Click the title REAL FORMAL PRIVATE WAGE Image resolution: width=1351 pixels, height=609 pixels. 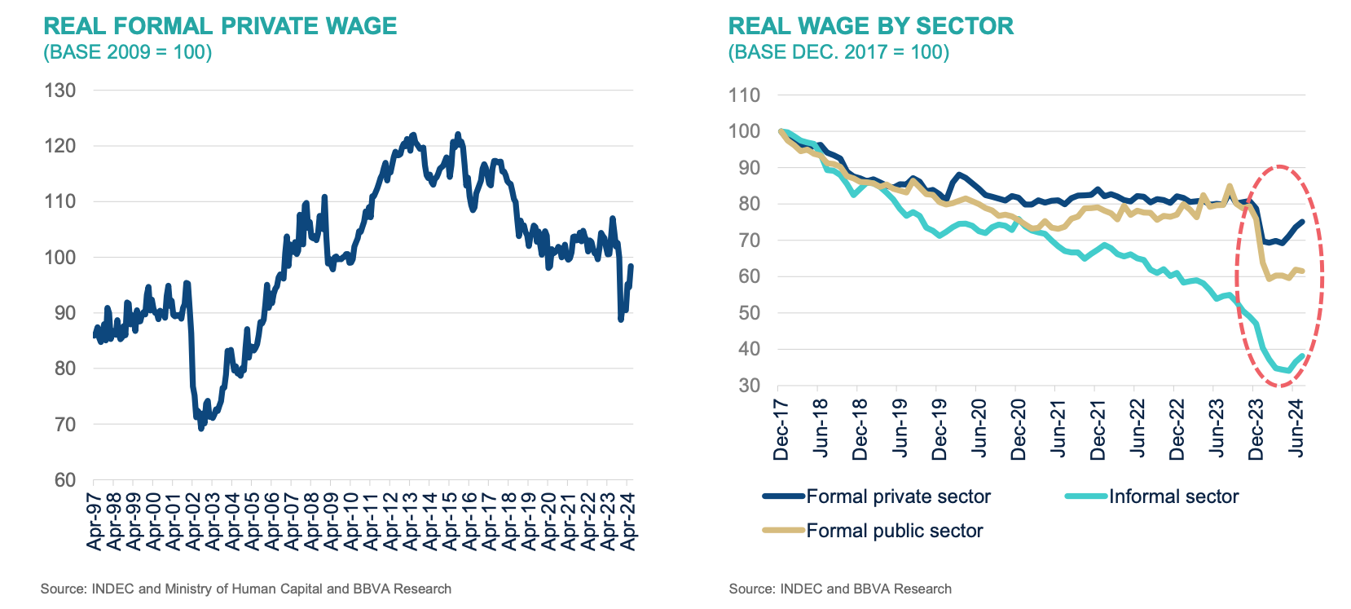point(220,26)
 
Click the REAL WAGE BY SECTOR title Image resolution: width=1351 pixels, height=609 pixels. point(871,26)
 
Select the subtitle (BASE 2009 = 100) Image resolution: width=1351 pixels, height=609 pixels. point(128,52)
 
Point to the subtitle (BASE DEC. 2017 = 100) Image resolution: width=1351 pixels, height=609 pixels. point(838,52)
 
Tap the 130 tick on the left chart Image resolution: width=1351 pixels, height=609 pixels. point(60,90)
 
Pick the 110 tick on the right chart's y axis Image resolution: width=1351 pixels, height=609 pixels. point(744,95)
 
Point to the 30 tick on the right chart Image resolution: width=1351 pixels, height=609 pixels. point(749,386)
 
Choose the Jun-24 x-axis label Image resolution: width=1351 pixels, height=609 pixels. point(1296,428)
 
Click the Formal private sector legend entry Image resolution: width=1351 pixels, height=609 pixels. point(898,496)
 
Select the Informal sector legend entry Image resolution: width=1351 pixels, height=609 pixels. point(1173,496)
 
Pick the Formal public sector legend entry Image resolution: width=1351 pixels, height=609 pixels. point(894,531)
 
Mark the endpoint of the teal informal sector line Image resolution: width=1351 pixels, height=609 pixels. point(1303,356)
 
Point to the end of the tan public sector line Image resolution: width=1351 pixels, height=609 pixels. point(1303,271)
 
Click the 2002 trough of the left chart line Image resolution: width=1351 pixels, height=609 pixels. point(201,427)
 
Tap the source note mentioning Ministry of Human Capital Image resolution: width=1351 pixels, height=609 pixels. point(246,589)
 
